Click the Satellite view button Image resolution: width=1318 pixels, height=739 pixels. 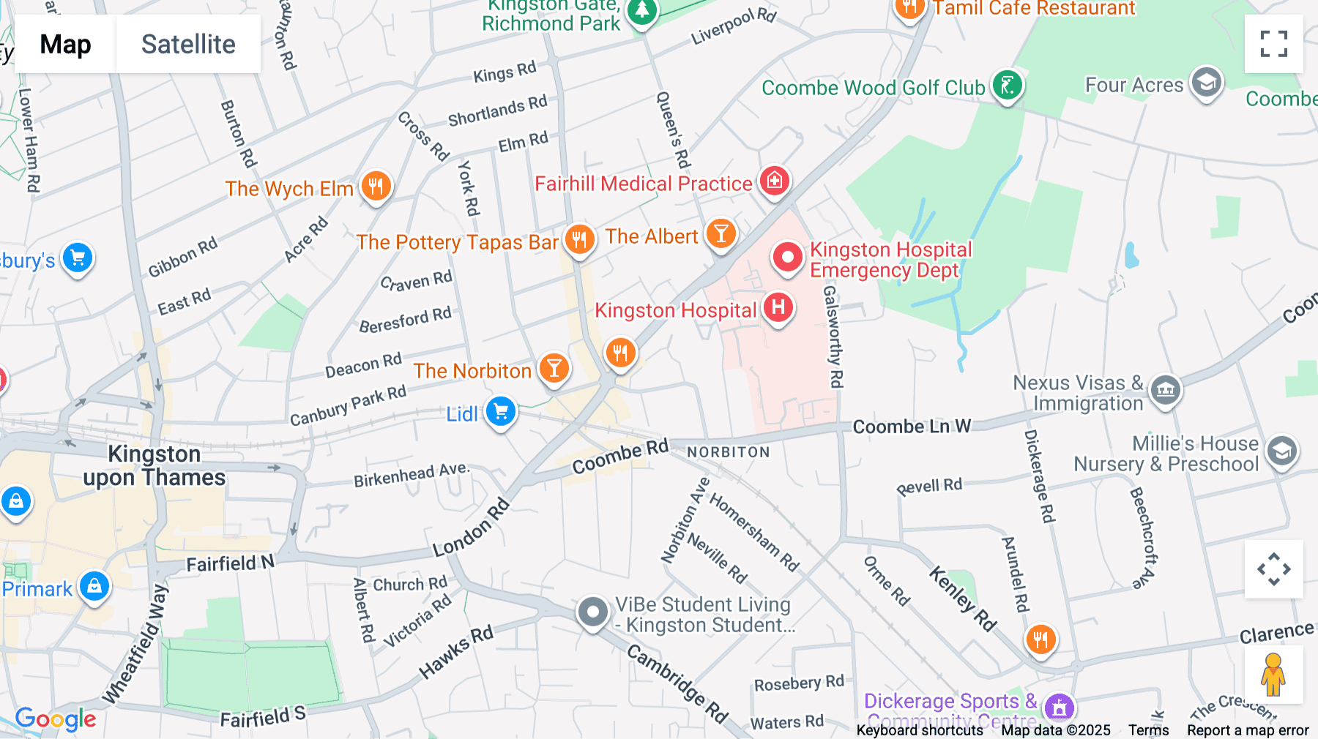(188, 44)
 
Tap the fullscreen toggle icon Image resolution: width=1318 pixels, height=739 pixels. (1273, 44)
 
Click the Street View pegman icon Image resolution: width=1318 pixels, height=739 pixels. (1273, 675)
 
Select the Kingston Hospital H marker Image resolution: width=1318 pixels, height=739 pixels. (778, 307)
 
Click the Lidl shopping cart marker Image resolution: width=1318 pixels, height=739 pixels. (501, 411)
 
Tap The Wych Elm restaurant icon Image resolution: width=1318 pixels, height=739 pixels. (376, 186)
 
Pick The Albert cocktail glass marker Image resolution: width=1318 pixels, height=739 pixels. (721, 234)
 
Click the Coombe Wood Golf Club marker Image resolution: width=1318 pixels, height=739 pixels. (1008, 86)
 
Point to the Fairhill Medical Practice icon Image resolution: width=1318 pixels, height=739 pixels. (774, 180)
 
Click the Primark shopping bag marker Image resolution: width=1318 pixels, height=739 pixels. (94, 586)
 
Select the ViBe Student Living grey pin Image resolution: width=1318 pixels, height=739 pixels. (592, 612)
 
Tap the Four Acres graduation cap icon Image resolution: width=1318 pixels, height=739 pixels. (1206, 83)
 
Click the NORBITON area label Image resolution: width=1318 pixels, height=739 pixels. (729, 452)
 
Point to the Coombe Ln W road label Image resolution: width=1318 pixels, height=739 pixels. (912, 427)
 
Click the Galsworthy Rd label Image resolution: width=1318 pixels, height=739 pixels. (833, 337)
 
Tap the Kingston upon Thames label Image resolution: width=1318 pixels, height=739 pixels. (154, 466)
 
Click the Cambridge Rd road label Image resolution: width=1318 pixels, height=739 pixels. (678, 683)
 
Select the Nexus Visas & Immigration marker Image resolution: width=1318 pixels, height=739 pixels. (1165, 389)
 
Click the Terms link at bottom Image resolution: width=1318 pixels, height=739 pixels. (1148, 729)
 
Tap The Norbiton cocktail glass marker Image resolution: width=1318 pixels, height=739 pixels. (554, 368)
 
